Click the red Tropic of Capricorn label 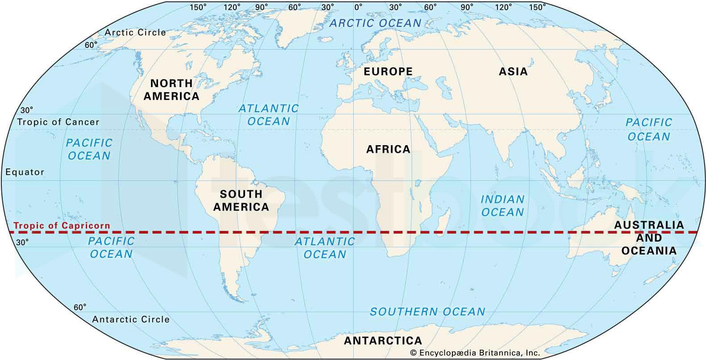(x=62, y=226)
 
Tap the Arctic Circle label (x=135, y=32)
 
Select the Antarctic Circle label (x=131, y=319)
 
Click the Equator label (x=25, y=172)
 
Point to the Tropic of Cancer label (x=58, y=122)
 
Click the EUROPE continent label (x=388, y=71)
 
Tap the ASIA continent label (x=513, y=71)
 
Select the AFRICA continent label (x=388, y=149)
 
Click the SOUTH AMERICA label (x=241, y=201)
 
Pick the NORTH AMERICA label (x=171, y=90)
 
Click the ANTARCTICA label (x=383, y=341)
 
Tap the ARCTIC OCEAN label (x=375, y=23)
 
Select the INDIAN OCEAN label (x=502, y=206)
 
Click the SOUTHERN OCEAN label (x=427, y=312)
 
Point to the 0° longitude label (x=358, y=7)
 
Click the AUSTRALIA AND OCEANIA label (x=649, y=238)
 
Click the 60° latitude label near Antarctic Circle (x=79, y=307)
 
